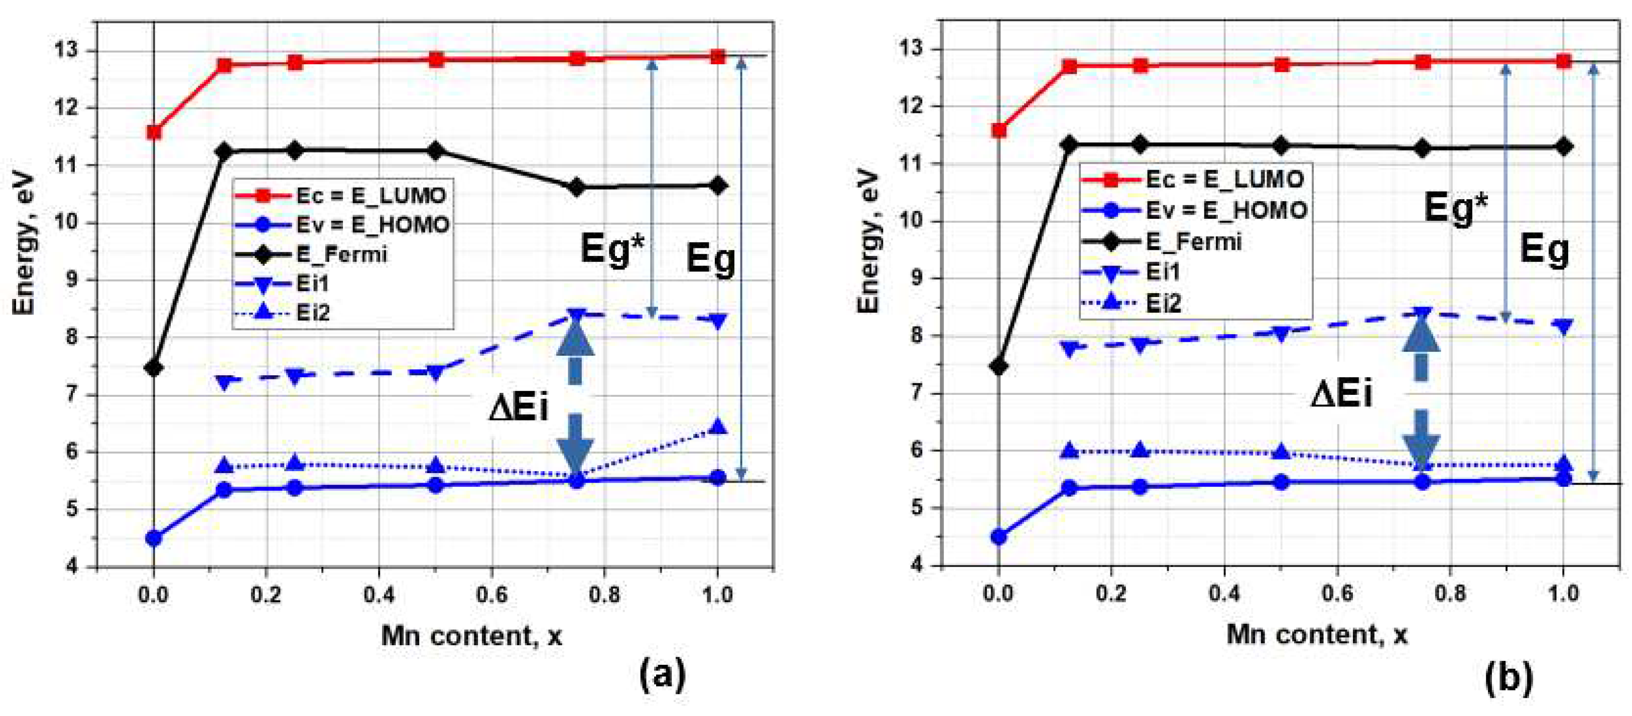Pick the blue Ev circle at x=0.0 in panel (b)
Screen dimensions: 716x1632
tap(999, 537)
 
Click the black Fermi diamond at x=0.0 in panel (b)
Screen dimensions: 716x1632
tap(999, 367)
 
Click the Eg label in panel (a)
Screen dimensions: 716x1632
tap(710, 258)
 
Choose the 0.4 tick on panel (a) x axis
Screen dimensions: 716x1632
tap(379, 596)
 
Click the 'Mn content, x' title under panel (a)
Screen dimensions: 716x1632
tap(471, 636)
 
